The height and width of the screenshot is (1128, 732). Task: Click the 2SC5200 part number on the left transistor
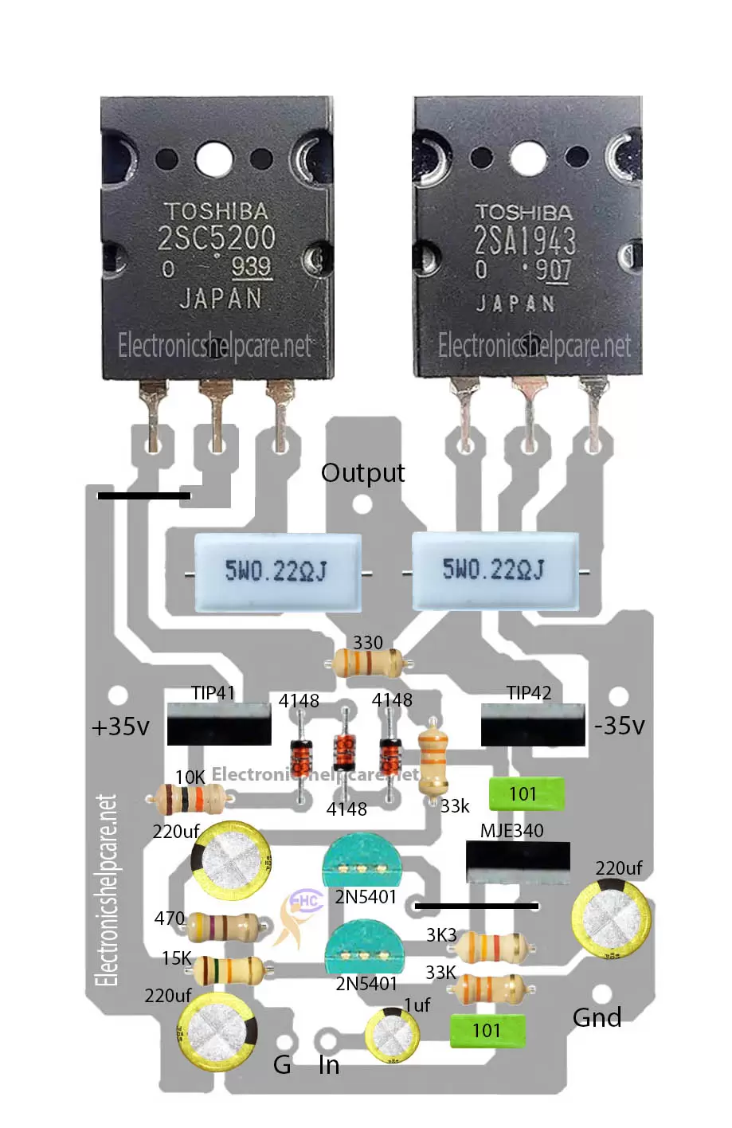tap(216, 238)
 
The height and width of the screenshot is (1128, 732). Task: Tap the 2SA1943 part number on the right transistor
tap(525, 240)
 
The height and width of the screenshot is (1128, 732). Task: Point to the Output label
tap(362, 472)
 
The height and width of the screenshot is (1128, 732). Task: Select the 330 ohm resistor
tap(369, 662)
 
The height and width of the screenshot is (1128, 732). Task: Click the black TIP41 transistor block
tap(218, 724)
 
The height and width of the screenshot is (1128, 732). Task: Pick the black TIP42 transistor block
tap(532, 725)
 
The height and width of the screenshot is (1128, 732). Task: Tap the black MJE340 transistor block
tap(518, 863)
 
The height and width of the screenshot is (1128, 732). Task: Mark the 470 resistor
tap(222, 927)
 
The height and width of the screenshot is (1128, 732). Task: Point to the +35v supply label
tap(120, 727)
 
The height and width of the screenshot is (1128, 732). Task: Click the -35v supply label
tap(619, 725)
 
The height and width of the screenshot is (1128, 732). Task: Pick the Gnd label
tap(597, 1017)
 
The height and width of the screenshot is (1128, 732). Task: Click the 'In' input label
tap(329, 1065)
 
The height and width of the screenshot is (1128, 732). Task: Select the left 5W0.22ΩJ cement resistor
tap(277, 571)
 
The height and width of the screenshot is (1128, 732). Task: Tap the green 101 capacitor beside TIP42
tap(526, 794)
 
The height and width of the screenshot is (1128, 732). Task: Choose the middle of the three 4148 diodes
tap(344, 751)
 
